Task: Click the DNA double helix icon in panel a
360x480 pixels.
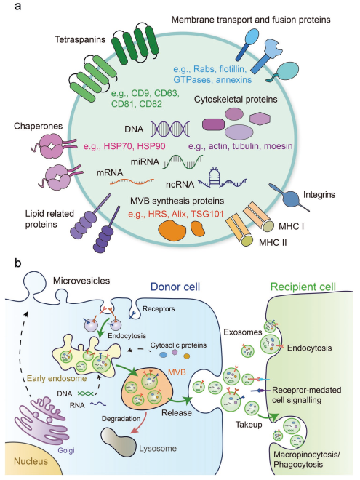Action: [170, 129]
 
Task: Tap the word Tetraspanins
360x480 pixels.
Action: [80, 39]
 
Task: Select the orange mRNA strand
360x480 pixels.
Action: [132, 182]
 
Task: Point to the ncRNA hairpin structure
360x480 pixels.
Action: [223, 178]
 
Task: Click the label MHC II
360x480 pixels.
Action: [273, 243]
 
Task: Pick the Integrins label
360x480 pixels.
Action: [319, 195]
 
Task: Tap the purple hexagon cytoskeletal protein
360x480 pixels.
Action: [260, 119]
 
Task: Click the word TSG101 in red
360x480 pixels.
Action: [207, 214]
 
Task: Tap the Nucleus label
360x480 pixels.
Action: [31, 461]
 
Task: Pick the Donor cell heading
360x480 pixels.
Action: [175, 287]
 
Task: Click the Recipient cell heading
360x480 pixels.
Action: [303, 287]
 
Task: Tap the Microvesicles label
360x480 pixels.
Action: [81, 281]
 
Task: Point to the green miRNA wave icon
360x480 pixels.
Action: [183, 161]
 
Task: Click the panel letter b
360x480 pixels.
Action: [17, 263]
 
